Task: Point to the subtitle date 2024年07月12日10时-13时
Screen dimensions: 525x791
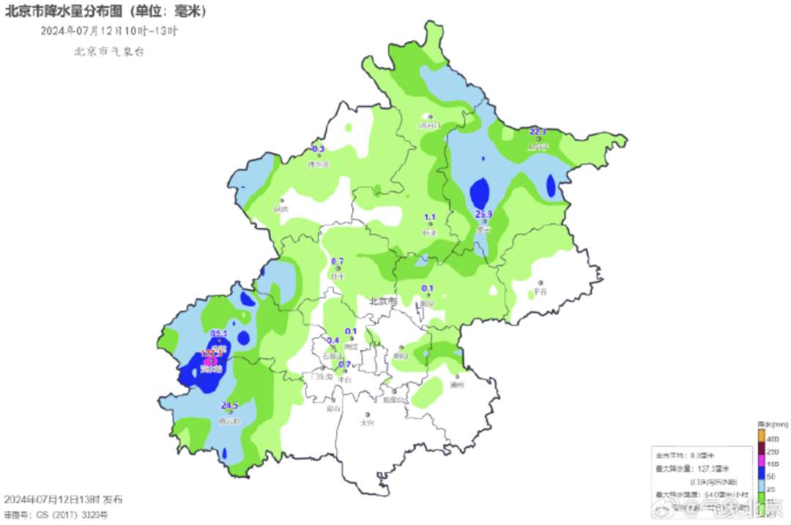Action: [109, 31]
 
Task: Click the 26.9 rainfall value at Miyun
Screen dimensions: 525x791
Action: [483, 215]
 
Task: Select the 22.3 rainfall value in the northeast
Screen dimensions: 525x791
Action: [538, 132]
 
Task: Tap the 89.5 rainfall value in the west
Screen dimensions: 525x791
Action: [219, 333]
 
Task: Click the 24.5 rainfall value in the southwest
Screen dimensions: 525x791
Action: [230, 406]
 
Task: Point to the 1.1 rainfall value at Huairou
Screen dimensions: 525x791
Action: [430, 217]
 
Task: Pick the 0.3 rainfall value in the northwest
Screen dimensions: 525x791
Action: [318, 149]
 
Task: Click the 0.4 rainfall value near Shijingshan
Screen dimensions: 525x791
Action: [332, 340]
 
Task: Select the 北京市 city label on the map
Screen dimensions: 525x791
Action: [382, 301]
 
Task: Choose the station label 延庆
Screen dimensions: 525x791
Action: [281, 209]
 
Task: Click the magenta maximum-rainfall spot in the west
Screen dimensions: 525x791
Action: [210, 361]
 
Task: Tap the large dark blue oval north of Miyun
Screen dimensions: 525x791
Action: [480, 192]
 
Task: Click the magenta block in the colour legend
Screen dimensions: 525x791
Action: [761, 463]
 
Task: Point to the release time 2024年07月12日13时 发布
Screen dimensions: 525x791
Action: [63, 499]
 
